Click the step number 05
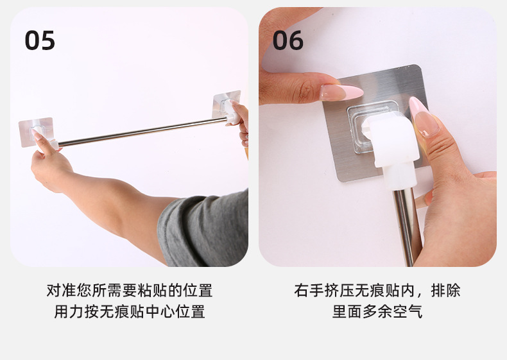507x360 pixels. pos(40,40)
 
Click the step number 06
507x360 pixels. pos(288,40)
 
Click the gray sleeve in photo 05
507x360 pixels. pos(205,228)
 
